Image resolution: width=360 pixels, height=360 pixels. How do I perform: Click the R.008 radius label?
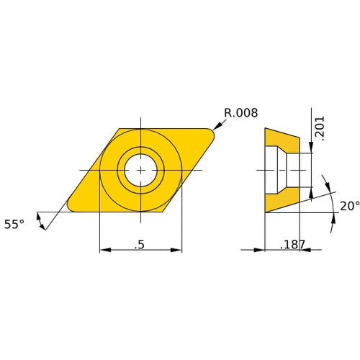coord(240,112)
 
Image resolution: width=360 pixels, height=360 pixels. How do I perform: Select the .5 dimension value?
coord(140,245)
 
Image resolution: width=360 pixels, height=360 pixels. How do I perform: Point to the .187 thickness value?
coord(292,245)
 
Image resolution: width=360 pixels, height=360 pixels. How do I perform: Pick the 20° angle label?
coord(349,206)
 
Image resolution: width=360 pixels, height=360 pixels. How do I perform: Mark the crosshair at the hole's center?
coord(140,170)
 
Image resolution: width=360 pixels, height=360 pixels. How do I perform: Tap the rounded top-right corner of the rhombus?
coord(214,131)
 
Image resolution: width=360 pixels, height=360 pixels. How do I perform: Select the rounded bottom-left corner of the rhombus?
coord(70,208)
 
